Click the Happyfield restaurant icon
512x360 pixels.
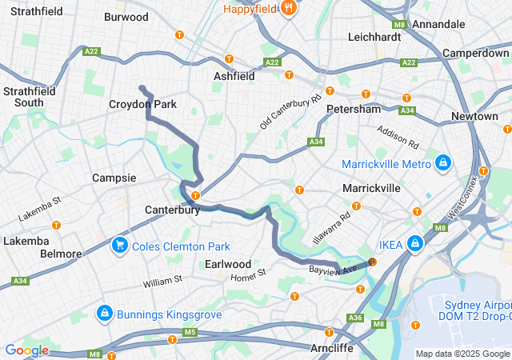pos(289,9)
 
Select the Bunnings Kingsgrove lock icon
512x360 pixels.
pos(104,313)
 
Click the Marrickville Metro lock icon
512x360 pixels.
pos(442,164)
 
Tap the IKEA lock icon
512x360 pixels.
pos(415,244)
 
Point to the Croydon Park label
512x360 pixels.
pos(142,105)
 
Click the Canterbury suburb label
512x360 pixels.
pos(172,210)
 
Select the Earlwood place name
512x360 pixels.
pos(229,263)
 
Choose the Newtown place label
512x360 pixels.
pos(474,116)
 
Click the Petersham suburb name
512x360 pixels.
pos(353,108)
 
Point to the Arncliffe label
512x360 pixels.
pos(338,348)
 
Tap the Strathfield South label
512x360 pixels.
pos(29,97)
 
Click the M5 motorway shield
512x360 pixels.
pos(190,331)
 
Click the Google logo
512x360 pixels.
pos(26,350)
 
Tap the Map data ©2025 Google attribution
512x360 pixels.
pos(462,354)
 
